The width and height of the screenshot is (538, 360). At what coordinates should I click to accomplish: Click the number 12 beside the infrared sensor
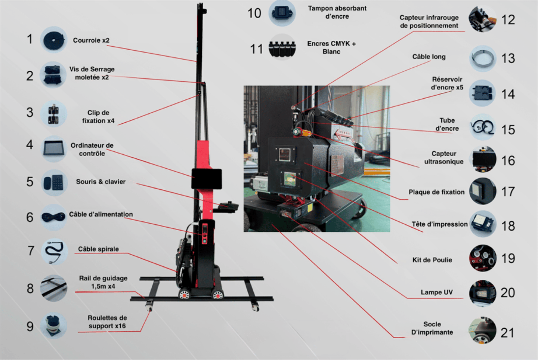click(x=508, y=20)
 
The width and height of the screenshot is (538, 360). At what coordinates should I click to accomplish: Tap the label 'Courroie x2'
click(x=91, y=40)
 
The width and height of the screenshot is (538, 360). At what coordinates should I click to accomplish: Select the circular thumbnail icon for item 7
click(x=54, y=251)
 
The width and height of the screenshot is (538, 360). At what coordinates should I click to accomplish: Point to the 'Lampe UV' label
click(x=436, y=292)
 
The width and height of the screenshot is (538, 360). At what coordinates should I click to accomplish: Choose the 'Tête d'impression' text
click(x=439, y=224)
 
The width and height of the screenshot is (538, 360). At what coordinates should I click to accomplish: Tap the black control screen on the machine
click(x=207, y=179)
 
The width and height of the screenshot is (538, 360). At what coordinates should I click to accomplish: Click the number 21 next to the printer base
click(x=507, y=333)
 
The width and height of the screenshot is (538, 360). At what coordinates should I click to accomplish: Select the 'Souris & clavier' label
click(x=101, y=182)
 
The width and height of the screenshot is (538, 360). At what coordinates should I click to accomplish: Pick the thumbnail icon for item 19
click(x=482, y=258)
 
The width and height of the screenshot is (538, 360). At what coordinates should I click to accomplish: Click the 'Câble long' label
click(x=429, y=57)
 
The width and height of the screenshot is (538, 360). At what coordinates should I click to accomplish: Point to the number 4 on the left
click(x=30, y=145)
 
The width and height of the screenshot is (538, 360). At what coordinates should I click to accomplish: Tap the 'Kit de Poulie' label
click(x=432, y=260)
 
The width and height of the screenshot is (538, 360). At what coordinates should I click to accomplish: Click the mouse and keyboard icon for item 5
click(x=54, y=183)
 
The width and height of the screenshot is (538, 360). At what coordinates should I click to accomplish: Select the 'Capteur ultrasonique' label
click(x=443, y=157)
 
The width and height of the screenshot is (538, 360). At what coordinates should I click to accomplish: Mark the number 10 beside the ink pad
click(x=254, y=13)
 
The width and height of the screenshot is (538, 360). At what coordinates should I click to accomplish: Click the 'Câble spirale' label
click(x=98, y=249)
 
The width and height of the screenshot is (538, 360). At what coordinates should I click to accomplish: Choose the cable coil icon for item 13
click(x=482, y=59)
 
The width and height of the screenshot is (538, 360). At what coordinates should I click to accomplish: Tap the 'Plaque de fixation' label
click(x=436, y=192)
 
